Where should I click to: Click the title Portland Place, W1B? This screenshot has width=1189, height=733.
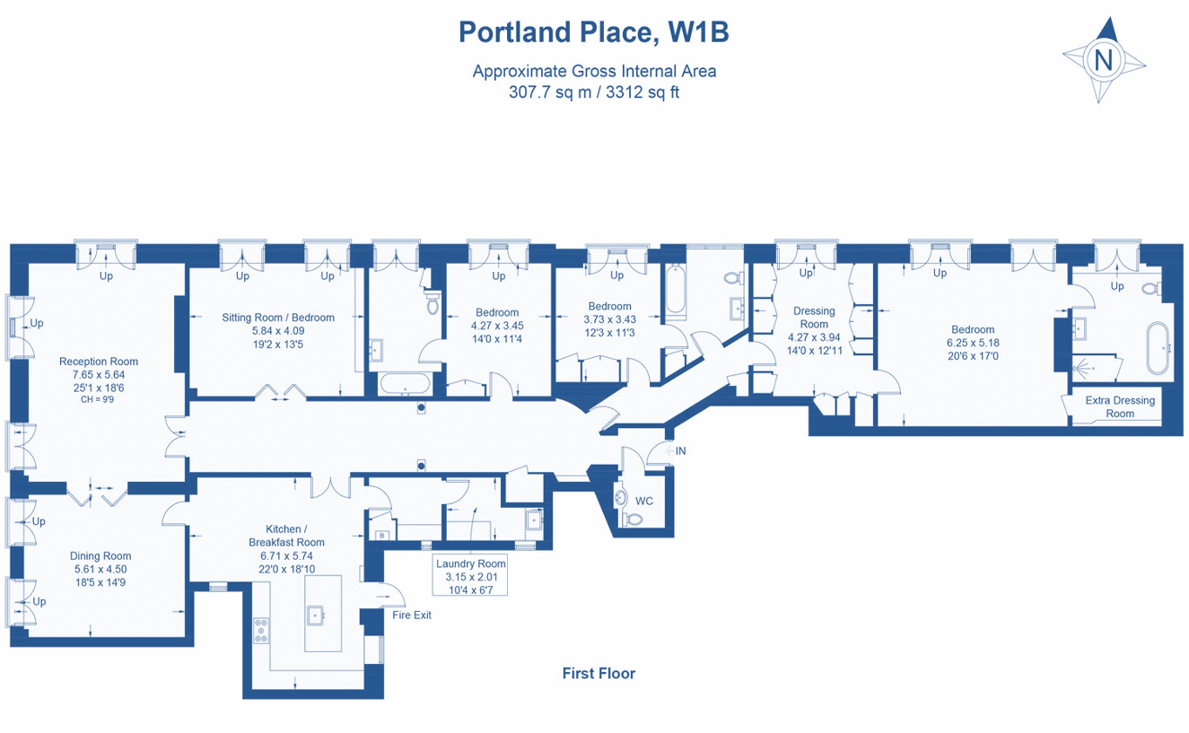pos(593,32)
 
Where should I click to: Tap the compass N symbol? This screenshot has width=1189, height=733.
pos(1104,60)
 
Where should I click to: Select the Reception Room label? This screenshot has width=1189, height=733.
pos(99,362)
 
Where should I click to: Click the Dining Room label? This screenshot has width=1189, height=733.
pos(101,556)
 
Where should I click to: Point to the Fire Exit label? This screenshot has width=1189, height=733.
pos(412,615)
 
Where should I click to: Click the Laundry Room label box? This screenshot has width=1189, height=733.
pos(471,575)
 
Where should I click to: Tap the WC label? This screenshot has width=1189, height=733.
pos(644,500)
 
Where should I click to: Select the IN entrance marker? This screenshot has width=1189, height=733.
pos(680,450)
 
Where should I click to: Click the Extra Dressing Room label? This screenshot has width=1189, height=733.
pos(1120,407)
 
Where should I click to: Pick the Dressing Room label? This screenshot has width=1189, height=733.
pos(814,318)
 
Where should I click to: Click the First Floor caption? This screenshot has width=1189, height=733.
pos(599,673)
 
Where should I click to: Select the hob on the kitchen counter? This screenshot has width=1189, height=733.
pos(261,631)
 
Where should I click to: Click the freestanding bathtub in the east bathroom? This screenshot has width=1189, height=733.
pos(1158,349)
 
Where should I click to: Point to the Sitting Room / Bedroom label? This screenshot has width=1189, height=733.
pos(278,318)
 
